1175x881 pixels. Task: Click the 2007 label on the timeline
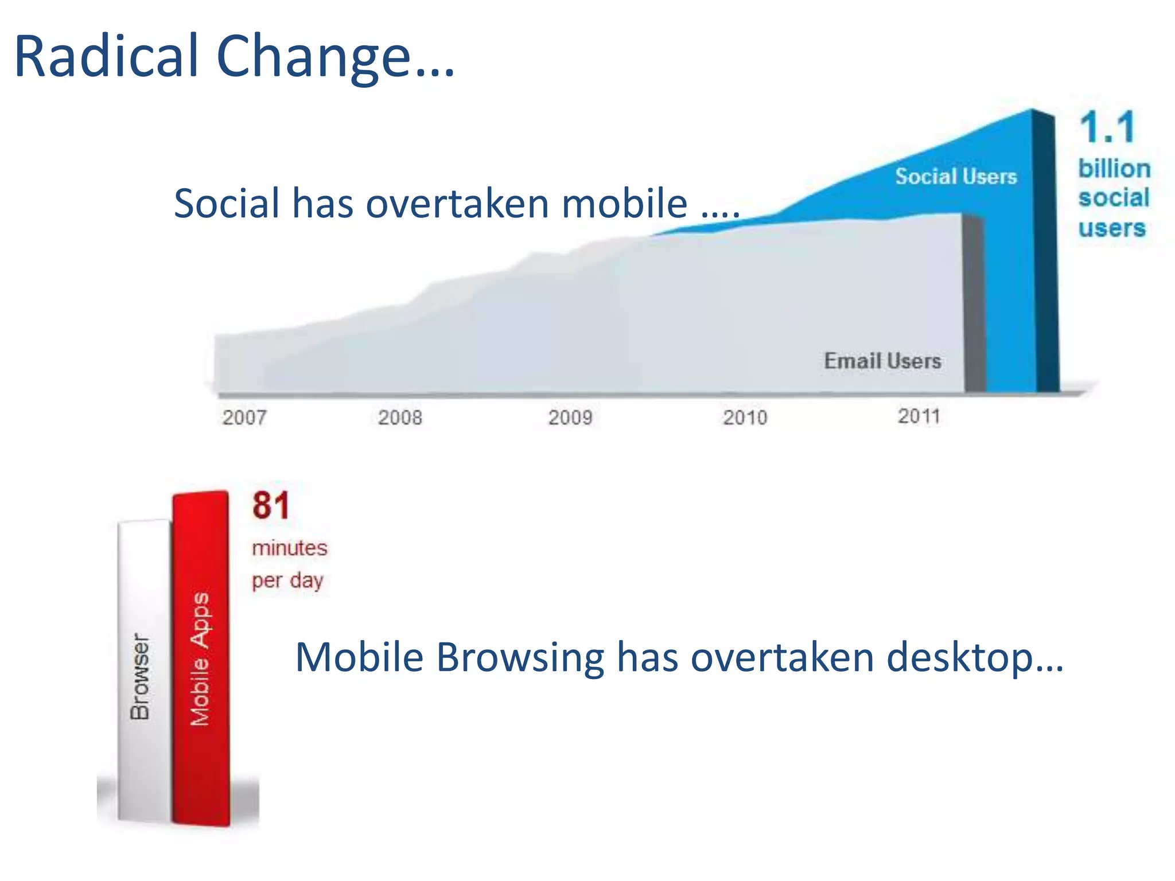(244, 417)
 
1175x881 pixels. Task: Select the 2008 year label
(400, 417)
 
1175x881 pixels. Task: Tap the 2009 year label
(570, 417)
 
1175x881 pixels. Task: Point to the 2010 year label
(745, 417)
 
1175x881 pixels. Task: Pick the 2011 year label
(919, 416)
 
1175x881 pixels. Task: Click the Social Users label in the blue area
(956, 176)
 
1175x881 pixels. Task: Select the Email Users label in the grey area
(882, 361)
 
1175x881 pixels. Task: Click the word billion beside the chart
(1114, 169)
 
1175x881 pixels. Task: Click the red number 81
(271, 505)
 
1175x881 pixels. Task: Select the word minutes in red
(290, 548)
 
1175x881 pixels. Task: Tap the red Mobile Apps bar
(201, 660)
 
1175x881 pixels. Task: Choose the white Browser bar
(143, 671)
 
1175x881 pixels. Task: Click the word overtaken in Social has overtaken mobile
(458, 204)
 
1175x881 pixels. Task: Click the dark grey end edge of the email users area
(974, 304)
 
